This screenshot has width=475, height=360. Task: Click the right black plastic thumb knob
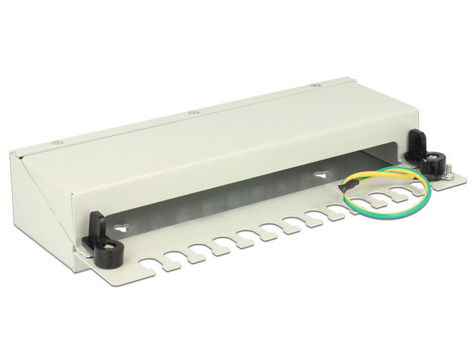(432, 166)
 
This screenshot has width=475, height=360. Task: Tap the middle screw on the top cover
(193, 113)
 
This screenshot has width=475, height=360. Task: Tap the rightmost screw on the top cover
(314, 86)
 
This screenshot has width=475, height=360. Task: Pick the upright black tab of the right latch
(416, 142)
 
